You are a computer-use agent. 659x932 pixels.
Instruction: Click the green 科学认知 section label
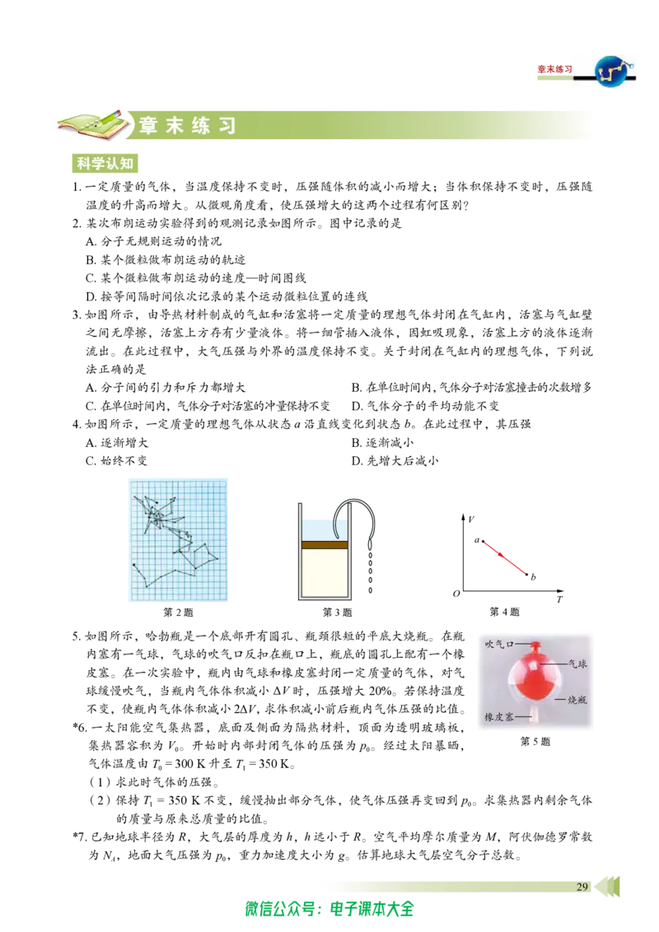pos(105,164)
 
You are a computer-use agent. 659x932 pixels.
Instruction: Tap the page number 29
pos(582,887)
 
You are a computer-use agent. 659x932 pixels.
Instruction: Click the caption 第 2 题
pos(178,613)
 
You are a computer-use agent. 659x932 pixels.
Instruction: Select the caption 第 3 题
pos(337,613)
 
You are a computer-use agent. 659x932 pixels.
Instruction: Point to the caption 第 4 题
pos(504,612)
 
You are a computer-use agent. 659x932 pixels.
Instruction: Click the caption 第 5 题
pos(535,741)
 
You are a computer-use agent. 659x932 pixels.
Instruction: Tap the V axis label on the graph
pos(471,520)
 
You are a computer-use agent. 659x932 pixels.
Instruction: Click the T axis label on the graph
pos(559,599)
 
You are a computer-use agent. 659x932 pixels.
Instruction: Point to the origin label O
pos(456,593)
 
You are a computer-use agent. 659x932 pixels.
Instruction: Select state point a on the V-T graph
pos(483,542)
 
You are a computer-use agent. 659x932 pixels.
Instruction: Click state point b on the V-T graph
pos(527,575)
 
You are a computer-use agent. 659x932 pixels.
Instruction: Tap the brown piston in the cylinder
pos(325,544)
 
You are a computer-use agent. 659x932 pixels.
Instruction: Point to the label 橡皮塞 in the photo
pos(498,717)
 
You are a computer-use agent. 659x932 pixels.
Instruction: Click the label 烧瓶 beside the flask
pos(577,700)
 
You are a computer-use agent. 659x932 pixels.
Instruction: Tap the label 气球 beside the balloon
pos(577,664)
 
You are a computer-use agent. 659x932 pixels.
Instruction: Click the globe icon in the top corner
pos(615,71)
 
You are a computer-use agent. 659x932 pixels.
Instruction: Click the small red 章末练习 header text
pos(555,69)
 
